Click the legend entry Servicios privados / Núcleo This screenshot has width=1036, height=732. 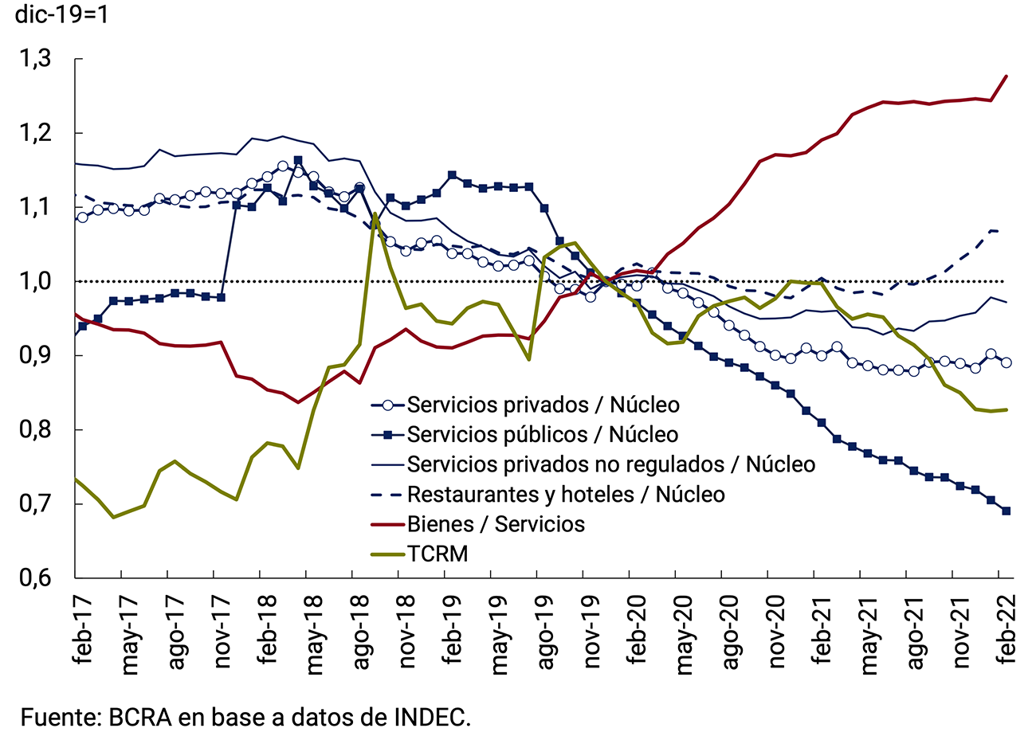pos(543,405)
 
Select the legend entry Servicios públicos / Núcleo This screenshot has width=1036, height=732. pos(543,434)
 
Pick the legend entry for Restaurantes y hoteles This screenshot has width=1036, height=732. pos(566,494)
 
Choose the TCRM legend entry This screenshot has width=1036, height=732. pos(437,553)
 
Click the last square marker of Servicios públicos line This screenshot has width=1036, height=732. pos(1006,511)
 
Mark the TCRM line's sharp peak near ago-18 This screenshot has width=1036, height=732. pos(375,213)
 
